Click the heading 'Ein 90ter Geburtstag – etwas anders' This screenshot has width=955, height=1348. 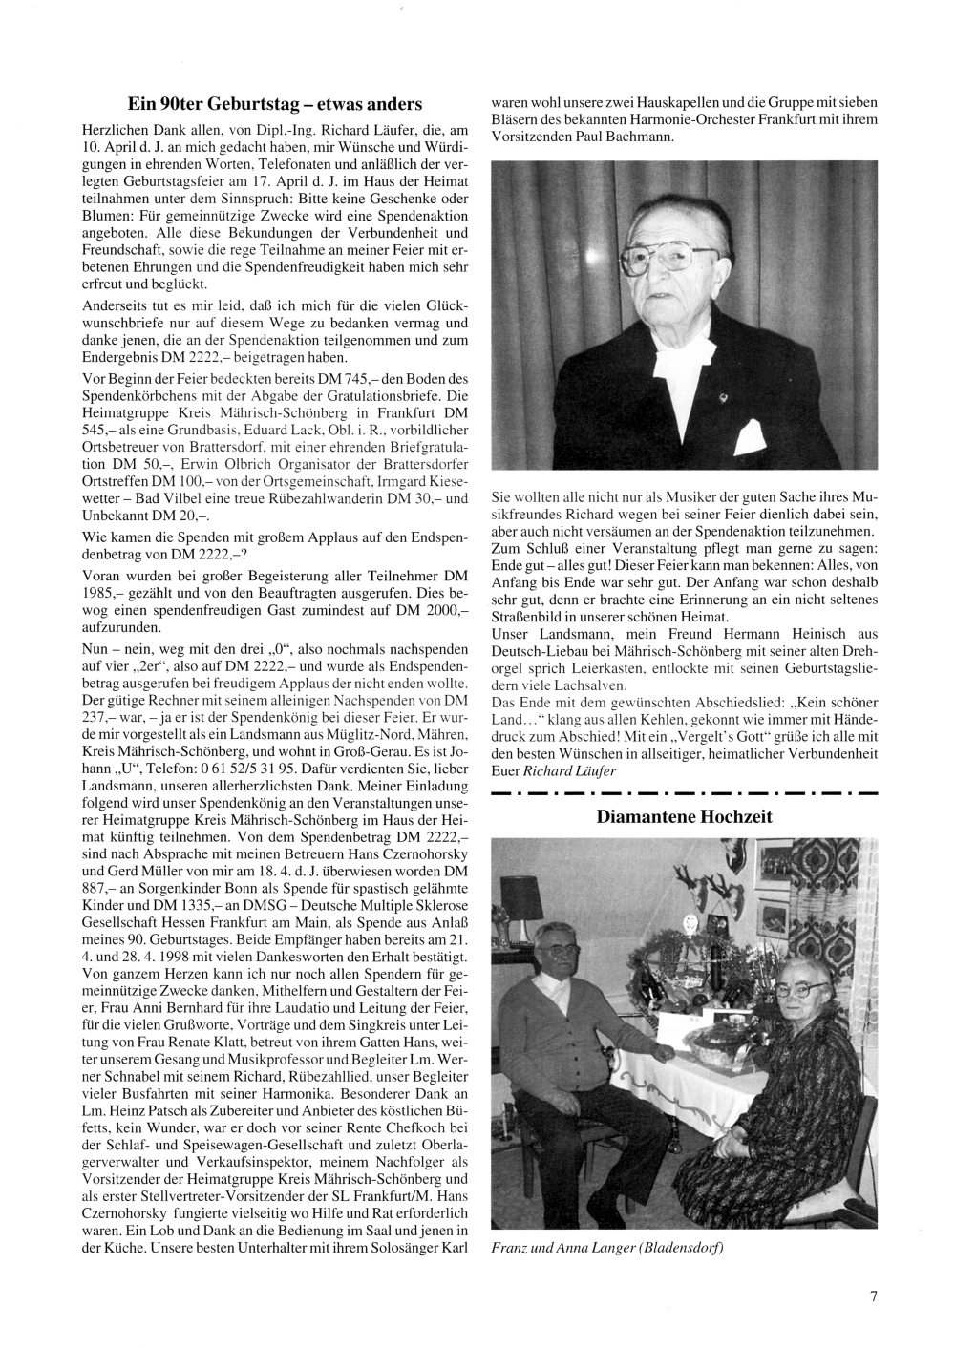275,103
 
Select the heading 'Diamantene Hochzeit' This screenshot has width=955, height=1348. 684,816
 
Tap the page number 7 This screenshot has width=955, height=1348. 873,1295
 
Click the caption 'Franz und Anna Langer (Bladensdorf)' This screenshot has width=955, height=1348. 606,1247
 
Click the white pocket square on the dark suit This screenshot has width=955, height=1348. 753,435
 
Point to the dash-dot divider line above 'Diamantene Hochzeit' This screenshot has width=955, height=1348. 684,792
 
